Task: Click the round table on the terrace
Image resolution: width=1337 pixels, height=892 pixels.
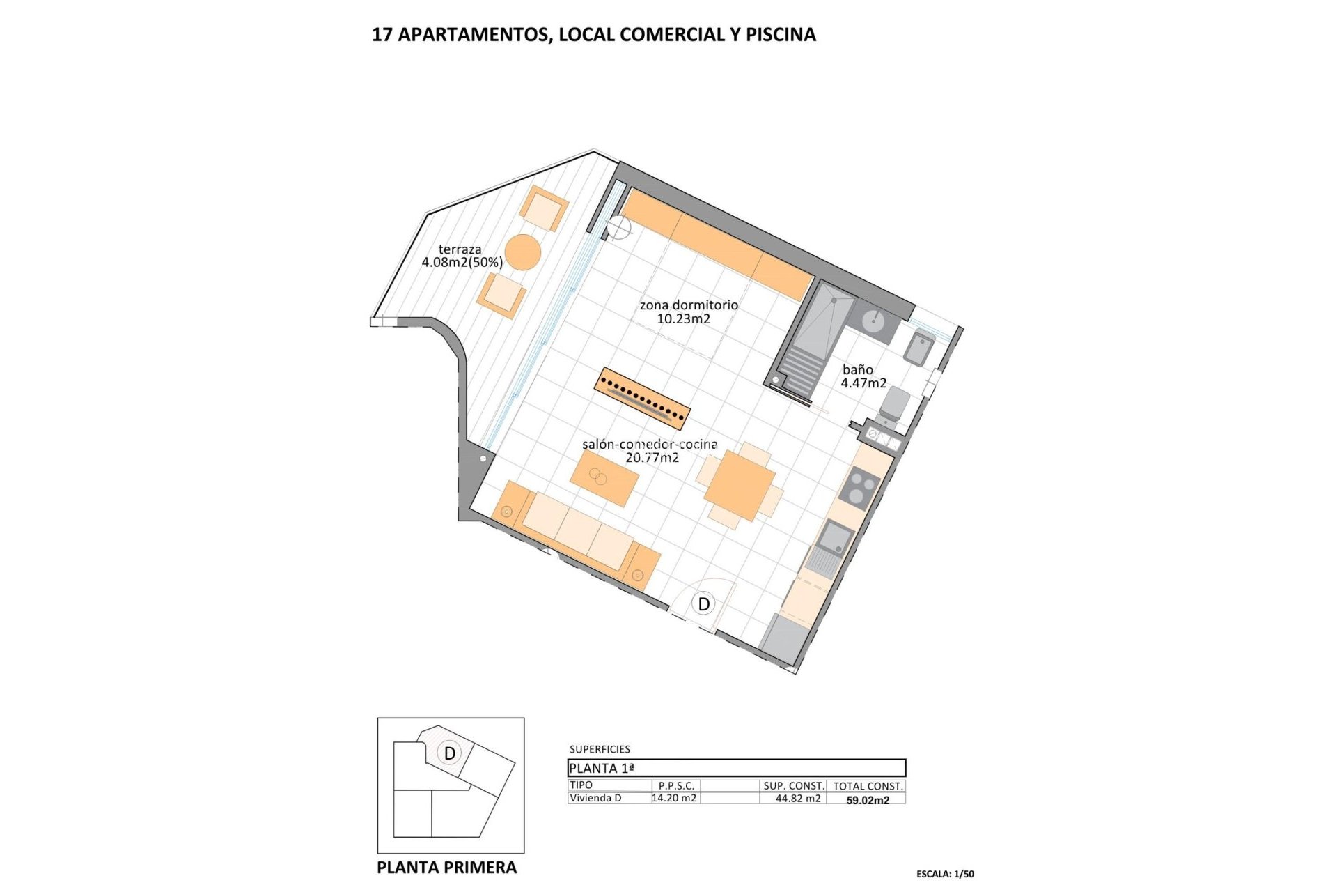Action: coord(522,252)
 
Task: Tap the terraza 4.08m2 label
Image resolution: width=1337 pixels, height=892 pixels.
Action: coord(461,256)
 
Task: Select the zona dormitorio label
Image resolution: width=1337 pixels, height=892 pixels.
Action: coord(688,312)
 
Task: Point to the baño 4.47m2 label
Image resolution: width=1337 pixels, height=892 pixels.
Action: coord(863,376)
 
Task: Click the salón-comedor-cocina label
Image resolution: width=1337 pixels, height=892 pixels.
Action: coord(650,451)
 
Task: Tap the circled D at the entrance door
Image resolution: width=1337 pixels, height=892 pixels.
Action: coord(703,603)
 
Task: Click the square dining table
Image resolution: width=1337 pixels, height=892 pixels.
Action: coord(739,485)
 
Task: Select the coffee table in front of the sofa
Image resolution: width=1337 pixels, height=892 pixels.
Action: coord(604,477)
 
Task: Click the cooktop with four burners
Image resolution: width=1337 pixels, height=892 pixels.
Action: coord(860,486)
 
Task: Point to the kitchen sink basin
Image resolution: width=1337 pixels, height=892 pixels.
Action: coord(835,538)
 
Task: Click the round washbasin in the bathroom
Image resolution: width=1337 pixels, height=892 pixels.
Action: coord(873,321)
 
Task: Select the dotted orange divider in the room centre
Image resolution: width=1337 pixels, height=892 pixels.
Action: coord(642,398)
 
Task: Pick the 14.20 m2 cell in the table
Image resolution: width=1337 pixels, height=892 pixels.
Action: coord(674,799)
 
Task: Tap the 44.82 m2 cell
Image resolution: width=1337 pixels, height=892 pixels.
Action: coord(798,799)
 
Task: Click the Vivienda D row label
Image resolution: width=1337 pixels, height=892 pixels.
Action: coord(595,799)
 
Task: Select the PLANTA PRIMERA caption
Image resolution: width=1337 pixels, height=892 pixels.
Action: coord(446,868)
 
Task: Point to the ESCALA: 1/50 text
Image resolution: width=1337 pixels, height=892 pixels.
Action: coord(945,874)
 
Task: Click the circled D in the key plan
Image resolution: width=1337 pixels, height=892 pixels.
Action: coord(450,753)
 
